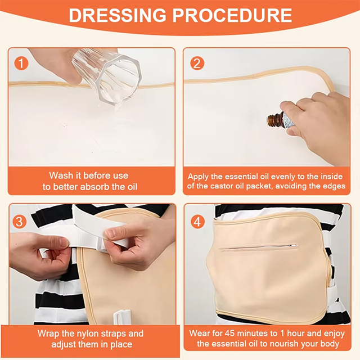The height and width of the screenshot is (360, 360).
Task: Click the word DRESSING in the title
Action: point(118,15)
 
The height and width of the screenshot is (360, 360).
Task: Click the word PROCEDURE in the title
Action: point(232,15)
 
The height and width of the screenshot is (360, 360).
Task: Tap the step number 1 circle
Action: point(21,64)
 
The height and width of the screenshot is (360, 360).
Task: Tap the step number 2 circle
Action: point(197,64)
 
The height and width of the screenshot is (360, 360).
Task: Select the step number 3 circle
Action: point(19,222)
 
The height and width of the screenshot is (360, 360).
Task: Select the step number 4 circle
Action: point(197,222)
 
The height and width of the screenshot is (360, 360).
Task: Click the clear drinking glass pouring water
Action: point(107,76)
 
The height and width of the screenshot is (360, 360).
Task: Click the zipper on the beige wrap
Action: point(259,247)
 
